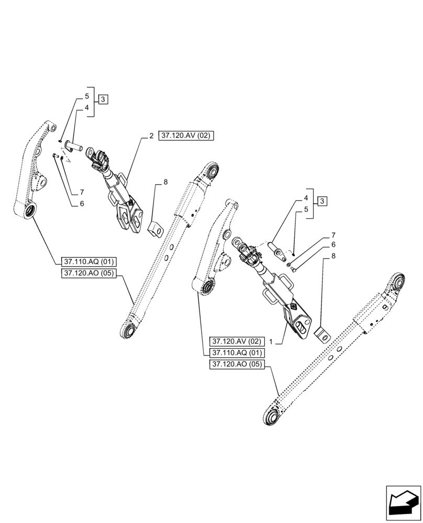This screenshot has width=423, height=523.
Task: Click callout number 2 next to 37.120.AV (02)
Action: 151,136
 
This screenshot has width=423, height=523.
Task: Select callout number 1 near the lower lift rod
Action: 272,340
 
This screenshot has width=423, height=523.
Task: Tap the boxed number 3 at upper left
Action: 103,99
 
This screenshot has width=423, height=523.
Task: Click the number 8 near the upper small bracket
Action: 165,183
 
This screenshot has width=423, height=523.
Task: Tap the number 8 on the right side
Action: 333,256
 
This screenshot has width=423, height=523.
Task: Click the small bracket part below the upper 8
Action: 155,229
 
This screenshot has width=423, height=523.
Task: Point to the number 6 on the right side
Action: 333,245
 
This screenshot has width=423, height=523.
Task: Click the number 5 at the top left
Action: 86,97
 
